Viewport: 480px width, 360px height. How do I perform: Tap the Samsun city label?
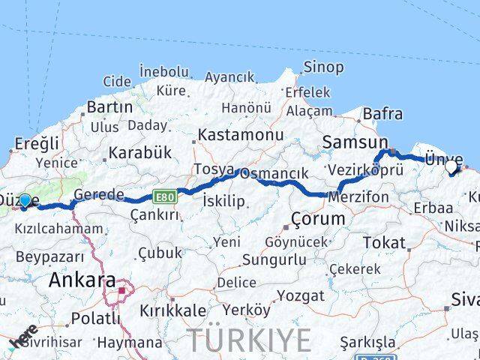click(x=355, y=142)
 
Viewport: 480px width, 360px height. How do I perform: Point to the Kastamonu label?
click(x=241, y=135)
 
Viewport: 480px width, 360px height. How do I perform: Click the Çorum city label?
click(x=319, y=219)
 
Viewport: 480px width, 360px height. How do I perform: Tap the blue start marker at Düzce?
click(x=25, y=201)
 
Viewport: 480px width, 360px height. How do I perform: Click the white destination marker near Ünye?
click(x=451, y=168)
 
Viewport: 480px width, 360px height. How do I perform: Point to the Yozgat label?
click(x=300, y=295)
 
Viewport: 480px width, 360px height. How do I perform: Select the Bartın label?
click(x=109, y=107)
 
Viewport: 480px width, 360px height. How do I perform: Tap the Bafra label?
click(x=382, y=114)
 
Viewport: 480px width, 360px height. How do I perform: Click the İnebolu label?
click(x=163, y=71)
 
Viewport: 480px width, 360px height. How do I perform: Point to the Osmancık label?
click(x=273, y=173)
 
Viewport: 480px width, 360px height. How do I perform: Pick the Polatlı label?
click(x=95, y=318)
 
